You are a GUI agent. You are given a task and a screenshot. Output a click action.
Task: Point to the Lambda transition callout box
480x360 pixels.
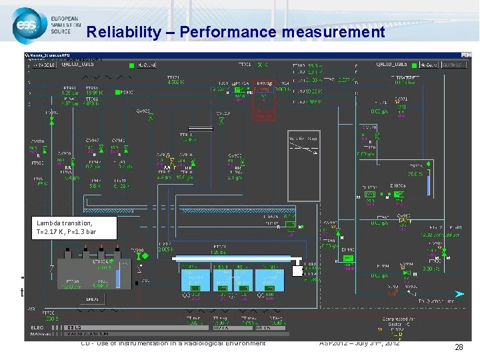pyautogui.click(x=73, y=227)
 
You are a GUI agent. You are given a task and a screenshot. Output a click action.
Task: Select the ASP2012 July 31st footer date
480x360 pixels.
pyautogui.click(x=360, y=343)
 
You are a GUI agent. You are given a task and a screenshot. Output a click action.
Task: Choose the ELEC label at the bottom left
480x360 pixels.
pyautogui.click(x=37, y=327)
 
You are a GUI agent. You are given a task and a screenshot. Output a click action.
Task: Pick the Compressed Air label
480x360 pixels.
pyautogui.click(x=401, y=319)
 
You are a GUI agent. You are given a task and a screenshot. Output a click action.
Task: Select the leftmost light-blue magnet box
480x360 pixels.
pyautogui.click(x=195, y=279)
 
